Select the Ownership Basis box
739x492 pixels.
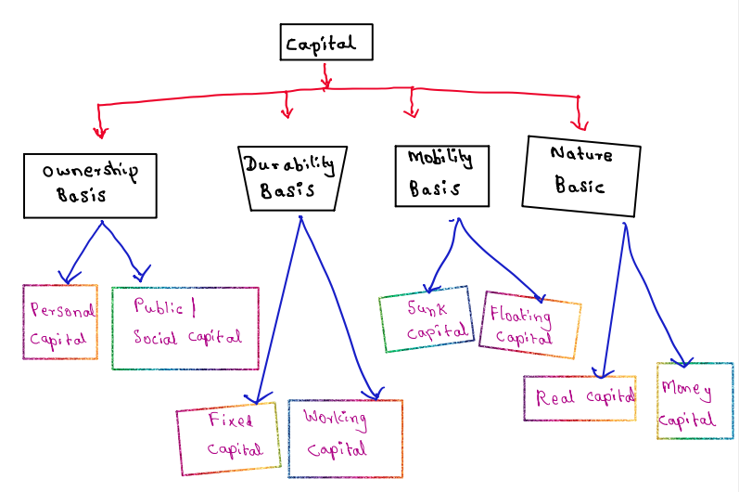(90, 185)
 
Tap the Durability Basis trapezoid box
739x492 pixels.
(291, 176)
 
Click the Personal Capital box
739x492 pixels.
(60, 321)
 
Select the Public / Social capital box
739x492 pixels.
(185, 327)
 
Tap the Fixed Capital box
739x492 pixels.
(228, 436)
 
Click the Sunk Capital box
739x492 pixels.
(426, 318)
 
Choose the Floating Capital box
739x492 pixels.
(529, 324)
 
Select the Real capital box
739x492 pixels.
(580, 397)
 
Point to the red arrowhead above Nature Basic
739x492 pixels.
(581, 124)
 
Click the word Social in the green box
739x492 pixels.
(155, 337)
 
